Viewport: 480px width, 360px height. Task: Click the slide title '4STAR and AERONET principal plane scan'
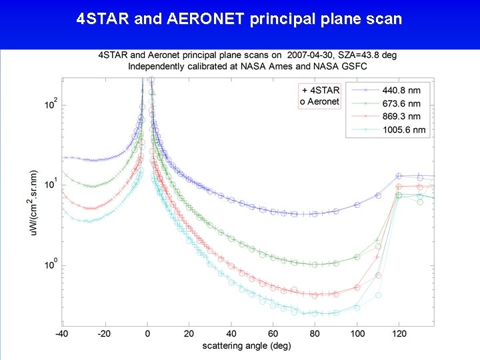239,19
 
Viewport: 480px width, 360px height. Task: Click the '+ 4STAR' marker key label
321,90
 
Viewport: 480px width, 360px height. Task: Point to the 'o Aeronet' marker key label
319,101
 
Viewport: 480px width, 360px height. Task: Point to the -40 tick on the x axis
61,333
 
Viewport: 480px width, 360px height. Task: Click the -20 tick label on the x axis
103,333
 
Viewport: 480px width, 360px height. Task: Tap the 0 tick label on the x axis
147,333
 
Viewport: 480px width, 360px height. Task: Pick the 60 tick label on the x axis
273,333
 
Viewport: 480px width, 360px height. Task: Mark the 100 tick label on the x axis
357,333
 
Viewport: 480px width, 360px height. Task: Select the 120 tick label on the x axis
399,333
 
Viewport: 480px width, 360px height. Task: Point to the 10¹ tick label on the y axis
51,185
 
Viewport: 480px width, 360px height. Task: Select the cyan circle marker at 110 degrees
378,295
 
